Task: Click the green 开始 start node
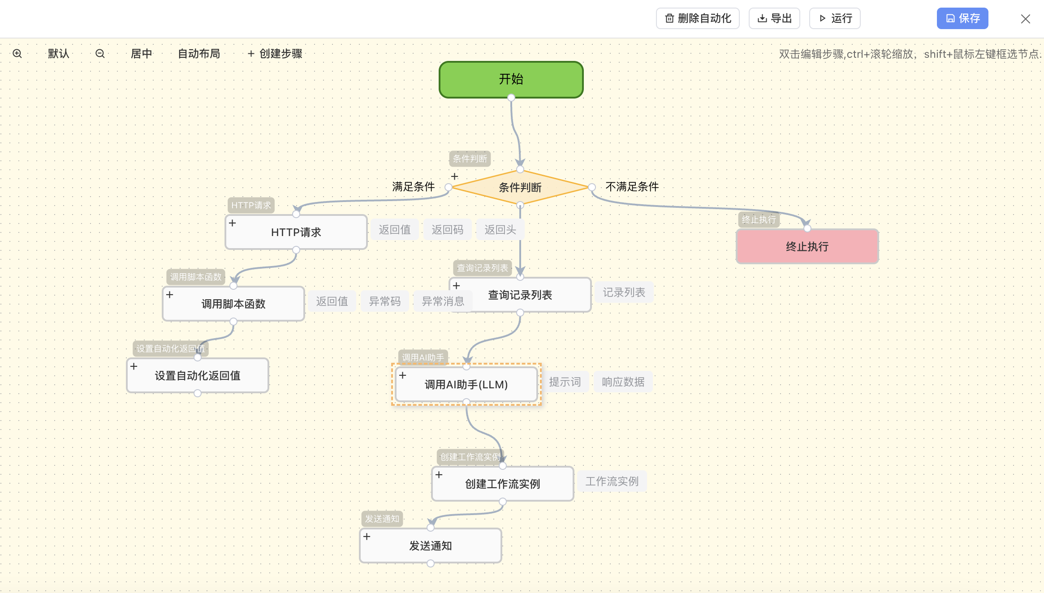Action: pos(511,79)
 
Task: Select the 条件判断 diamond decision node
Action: pos(520,187)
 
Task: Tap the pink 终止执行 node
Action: pos(807,246)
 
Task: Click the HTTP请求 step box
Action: pos(296,232)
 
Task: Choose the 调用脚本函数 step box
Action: pos(233,304)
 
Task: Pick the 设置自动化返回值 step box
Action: pos(197,375)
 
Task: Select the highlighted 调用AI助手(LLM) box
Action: pos(466,384)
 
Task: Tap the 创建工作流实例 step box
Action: pos(502,484)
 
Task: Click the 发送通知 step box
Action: pos(430,546)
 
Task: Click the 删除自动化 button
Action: pos(698,18)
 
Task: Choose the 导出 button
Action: pos(774,18)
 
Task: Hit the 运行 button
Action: pos(835,18)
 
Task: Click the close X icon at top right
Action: pos(1025,19)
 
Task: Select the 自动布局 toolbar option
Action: pos(199,54)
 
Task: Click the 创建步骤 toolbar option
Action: pos(275,54)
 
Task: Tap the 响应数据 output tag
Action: pos(623,382)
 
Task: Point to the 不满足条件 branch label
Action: pos(632,187)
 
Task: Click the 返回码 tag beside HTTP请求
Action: pos(447,230)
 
